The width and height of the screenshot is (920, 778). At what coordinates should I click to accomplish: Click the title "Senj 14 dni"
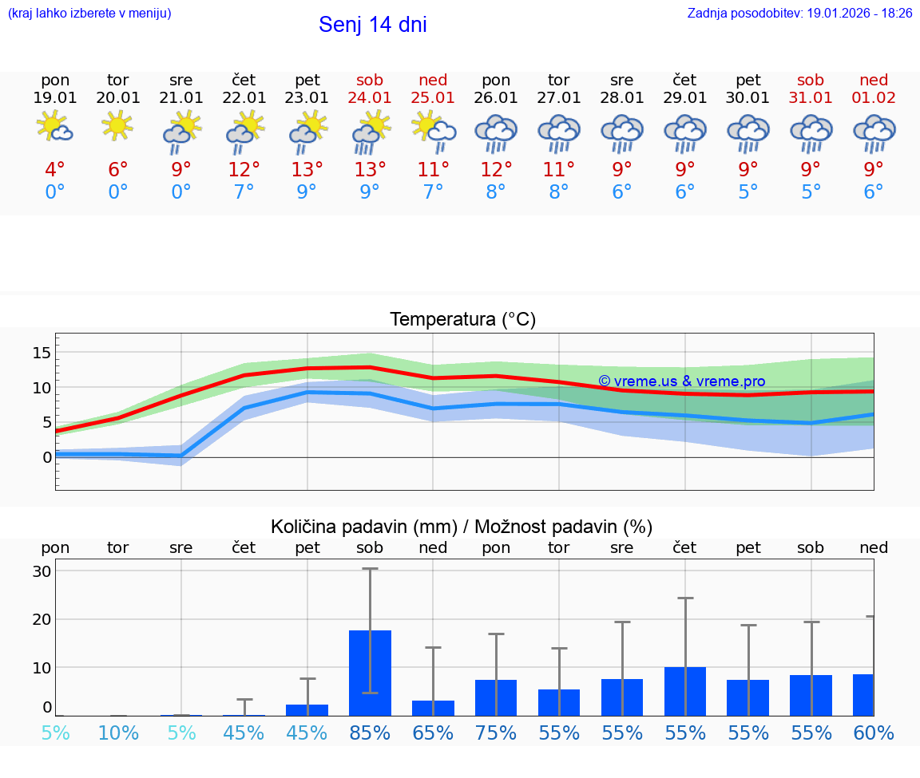(x=372, y=25)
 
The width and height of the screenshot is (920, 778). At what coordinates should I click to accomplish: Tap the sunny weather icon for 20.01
(x=118, y=125)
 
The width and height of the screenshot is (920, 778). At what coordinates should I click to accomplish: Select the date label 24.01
(x=370, y=98)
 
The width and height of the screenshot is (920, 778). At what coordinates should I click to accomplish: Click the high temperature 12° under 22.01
(x=244, y=170)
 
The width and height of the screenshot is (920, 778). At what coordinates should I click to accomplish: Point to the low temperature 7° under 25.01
(x=433, y=192)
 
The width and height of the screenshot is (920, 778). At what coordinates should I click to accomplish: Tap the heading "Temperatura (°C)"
(x=462, y=320)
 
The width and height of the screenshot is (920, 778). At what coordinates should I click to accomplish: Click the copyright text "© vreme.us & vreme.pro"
(x=681, y=381)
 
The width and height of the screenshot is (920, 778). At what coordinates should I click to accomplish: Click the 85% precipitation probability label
(x=370, y=733)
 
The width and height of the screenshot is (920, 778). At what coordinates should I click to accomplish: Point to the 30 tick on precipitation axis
(x=42, y=571)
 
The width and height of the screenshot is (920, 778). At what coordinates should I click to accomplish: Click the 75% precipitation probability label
(x=496, y=733)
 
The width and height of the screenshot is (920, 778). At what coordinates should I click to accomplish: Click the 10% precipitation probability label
(x=118, y=733)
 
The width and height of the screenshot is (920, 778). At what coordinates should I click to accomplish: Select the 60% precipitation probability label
(x=874, y=733)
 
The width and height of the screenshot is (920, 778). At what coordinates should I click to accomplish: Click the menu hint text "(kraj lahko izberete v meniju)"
(x=89, y=14)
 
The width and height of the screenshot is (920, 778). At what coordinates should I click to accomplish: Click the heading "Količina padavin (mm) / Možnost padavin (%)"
(x=462, y=527)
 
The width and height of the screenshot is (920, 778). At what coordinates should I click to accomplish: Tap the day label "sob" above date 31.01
(x=811, y=80)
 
